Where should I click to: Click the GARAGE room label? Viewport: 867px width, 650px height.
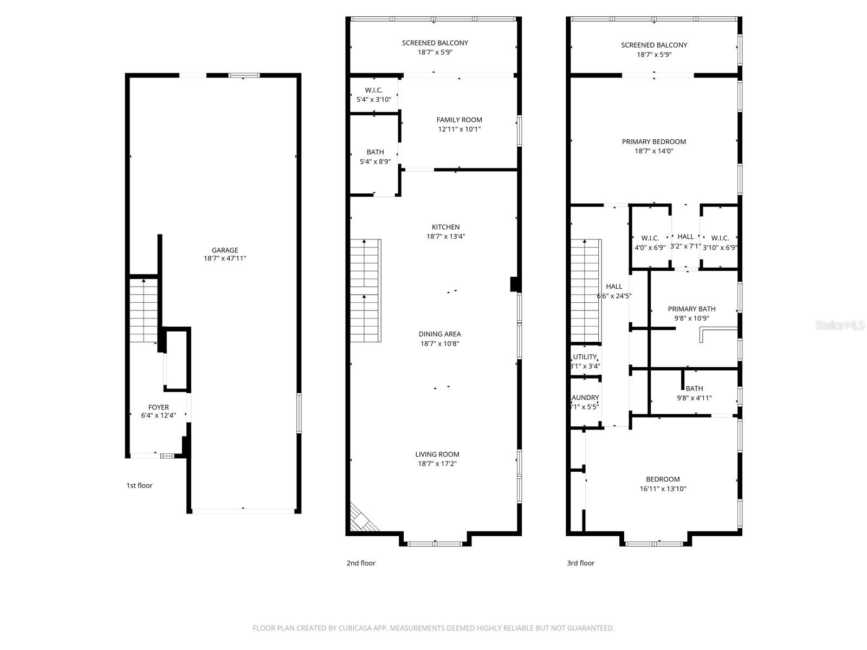coord(224,250)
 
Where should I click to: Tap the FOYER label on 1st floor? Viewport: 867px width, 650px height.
coord(158,407)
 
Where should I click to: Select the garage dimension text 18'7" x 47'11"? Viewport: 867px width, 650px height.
coord(224,259)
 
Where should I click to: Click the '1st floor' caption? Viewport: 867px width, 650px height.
coord(139,485)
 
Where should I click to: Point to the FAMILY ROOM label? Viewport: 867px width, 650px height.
coord(459,120)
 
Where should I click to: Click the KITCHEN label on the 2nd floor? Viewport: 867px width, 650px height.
coord(445,227)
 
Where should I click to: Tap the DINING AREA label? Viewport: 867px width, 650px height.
coord(439,334)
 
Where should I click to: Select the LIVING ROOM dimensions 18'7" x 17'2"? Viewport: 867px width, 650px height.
coord(437,464)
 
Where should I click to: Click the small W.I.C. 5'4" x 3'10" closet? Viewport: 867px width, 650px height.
coord(373,95)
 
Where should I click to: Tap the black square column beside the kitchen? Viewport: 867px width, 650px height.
coord(514,284)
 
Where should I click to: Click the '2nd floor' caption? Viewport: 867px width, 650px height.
coord(361,563)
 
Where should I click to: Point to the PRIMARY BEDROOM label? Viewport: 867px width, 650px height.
coord(654,142)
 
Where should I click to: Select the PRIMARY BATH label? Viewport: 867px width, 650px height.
coord(691,309)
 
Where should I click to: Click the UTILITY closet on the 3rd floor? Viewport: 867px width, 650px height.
coord(585,361)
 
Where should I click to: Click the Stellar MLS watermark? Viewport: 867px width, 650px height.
coord(840,325)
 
